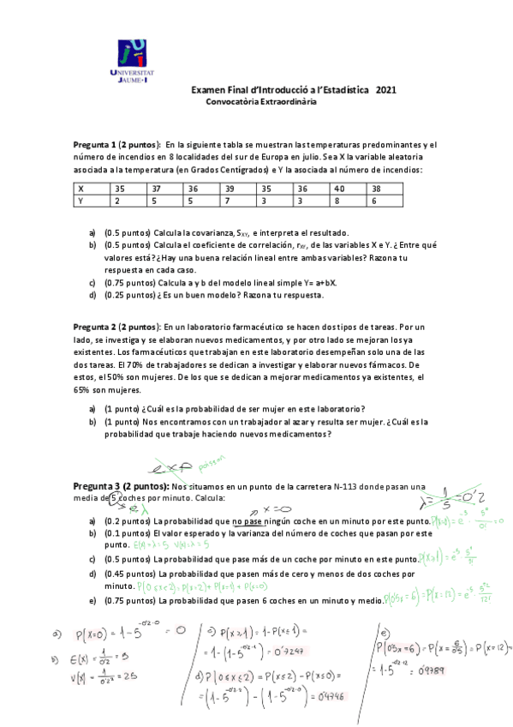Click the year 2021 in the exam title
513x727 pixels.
pyautogui.click(x=386, y=89)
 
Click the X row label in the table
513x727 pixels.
pyautogui.click(x=81, y=188)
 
